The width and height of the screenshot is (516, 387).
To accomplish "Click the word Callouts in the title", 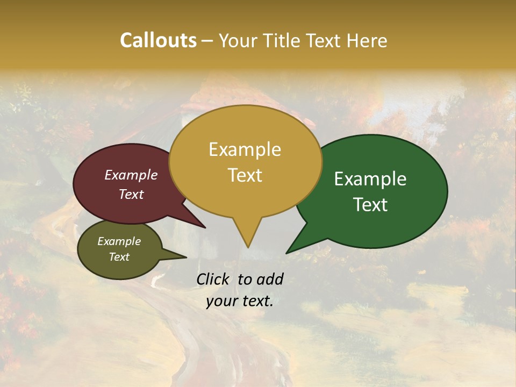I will [x=158, y=40].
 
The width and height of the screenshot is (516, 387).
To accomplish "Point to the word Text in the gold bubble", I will [x=245, y=175].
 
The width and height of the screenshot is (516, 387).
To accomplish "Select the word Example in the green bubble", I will [x=370, y=178].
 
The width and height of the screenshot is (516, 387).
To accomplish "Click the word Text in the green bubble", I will [x=370, y=204].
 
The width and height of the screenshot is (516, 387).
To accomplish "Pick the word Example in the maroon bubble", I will [x=131, y=175].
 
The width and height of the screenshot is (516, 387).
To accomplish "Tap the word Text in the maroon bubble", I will [x=131, y=194].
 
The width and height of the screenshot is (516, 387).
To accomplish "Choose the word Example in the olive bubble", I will [x=119, y=241].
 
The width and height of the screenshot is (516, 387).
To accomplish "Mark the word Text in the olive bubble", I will [x=119, y=257].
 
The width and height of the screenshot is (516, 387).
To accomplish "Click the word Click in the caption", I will [x=213, y=279].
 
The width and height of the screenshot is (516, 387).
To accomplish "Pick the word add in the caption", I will [x=270, y=279].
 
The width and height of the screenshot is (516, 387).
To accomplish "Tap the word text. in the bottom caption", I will [x=256, y=302].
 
